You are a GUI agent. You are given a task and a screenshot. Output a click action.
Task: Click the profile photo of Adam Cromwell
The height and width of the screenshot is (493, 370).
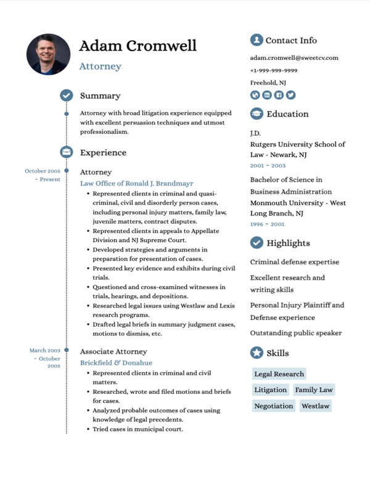coord(48,54)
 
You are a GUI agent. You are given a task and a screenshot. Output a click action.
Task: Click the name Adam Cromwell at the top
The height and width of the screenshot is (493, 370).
coord(138,46)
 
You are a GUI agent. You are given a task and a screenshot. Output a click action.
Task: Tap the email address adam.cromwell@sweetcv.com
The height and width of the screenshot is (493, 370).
coord(294,58)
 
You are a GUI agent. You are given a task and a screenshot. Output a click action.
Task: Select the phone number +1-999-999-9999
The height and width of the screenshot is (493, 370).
coord(274,70)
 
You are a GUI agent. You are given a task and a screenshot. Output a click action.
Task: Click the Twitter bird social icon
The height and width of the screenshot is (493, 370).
coord(290,95)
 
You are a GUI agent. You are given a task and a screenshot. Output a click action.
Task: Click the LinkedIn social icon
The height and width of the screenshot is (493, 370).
coord(267,95)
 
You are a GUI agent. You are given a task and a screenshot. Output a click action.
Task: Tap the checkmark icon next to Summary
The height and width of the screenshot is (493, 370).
coord(67,96)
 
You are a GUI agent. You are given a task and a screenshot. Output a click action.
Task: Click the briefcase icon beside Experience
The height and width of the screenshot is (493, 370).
coord(67,152)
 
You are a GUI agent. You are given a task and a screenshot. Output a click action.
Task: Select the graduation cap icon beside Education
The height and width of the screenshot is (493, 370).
coord(257,114)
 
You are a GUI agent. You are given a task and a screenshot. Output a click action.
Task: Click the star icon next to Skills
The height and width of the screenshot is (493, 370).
coord(257,353)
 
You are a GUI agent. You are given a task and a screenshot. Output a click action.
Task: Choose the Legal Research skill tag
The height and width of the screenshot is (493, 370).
coord(279,374)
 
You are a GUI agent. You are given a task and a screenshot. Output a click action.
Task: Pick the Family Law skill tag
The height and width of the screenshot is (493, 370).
coord(313,390)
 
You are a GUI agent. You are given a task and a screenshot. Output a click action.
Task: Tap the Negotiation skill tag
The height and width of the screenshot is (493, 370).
coord(274,406)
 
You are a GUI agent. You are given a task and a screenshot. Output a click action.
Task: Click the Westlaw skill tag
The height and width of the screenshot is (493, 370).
coord(315,406)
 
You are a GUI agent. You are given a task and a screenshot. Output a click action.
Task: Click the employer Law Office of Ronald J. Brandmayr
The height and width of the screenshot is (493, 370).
coord(137,184)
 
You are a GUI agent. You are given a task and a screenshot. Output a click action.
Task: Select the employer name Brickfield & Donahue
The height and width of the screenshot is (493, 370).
coord(116,363)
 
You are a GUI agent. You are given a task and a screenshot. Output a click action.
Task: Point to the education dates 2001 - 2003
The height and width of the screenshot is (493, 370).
coord(268,166)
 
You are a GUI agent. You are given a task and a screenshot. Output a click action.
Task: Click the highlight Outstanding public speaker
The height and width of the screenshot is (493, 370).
coord(296,333)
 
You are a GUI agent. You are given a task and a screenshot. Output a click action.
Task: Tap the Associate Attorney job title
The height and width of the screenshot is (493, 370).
coord(113,351)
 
